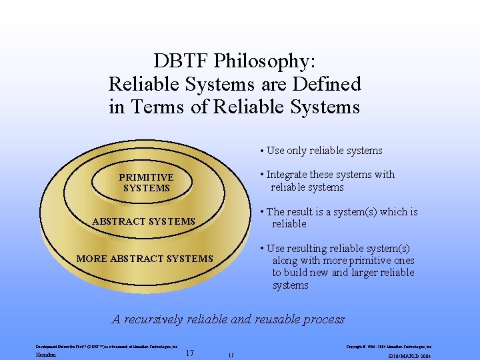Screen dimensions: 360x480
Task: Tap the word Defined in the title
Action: [x=326, y=84]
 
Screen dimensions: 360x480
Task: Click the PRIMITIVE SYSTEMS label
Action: [x=146, y=183]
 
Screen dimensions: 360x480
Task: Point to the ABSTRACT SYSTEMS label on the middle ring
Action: [x=143, y=221]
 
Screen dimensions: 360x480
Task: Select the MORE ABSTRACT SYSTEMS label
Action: [x=145, y=259]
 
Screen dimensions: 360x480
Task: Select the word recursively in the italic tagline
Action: [x=153, y=319]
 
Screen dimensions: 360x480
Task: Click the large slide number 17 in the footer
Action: [x=189, y=353]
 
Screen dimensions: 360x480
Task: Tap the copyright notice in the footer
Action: [x=389, y=347]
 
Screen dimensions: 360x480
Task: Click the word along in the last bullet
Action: [x=285, y=261]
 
